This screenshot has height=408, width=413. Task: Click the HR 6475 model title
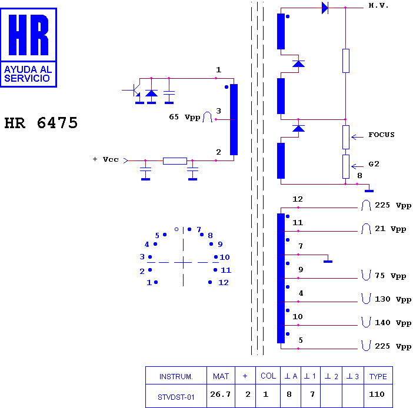pos(41,123)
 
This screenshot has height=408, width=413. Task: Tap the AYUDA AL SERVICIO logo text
pos(28,74)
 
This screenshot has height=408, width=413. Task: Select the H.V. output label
pos(378,5)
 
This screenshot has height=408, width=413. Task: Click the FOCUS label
pos(381,135)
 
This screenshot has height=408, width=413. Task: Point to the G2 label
pos(374,164)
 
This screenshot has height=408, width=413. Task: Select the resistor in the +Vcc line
pos(175,161)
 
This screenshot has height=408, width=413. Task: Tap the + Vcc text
pos(106,159)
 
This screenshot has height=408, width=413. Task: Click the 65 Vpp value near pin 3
pos(185,117)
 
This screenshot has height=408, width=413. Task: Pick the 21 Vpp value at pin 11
pos(390,229)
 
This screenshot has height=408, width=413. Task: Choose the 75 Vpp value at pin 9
pos(390,276)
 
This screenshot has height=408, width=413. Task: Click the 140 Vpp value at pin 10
pos(393,323)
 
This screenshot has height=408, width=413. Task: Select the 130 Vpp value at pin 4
pos(393,299)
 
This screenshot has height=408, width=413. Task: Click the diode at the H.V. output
pos(325,8)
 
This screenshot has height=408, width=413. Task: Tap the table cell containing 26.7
pos(221,396)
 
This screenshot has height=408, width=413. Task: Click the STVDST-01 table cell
pos(176,396)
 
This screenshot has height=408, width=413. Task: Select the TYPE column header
pos(378,376)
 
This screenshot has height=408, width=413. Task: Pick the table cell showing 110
pos(378,396)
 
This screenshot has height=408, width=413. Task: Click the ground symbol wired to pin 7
pos(328,262)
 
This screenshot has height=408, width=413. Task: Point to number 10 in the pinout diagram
pos(225,257)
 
